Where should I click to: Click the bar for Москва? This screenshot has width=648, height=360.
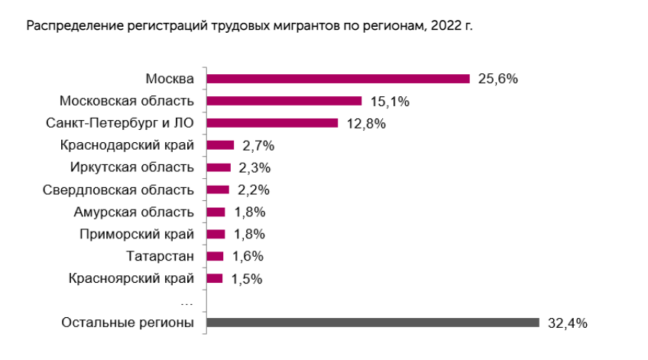[338, 79]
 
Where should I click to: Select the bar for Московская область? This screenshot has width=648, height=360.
[284, 101]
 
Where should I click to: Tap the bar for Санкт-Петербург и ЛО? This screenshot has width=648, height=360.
[272, 123]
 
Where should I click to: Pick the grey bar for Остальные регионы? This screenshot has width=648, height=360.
[373, 323]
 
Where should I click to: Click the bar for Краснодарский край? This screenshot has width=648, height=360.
[220, 145]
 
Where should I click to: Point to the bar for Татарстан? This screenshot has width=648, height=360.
[215, 257]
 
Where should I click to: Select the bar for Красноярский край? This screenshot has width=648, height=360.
[215, 279]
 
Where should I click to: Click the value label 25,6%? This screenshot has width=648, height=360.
[498, 79]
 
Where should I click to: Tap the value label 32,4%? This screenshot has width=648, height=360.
[567, 323]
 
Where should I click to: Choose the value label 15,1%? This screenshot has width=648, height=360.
[390, 101]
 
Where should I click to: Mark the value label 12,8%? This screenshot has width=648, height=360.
[366, 123]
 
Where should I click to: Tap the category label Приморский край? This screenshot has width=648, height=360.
[137, 234]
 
